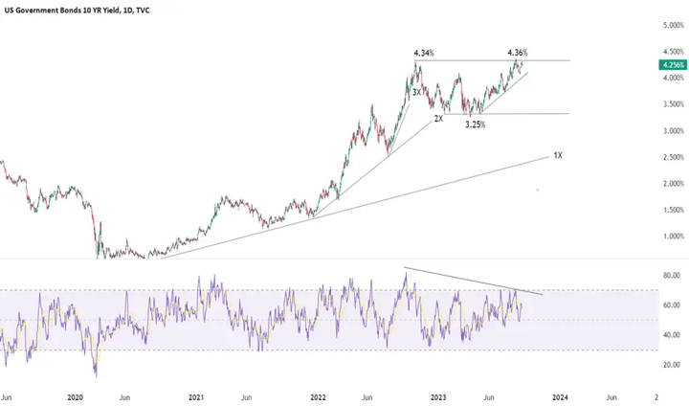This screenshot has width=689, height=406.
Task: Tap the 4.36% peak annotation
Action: pyautogui.click(x=517, y=53)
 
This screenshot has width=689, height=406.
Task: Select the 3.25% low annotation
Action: pyautogui.click(x=475, y=124)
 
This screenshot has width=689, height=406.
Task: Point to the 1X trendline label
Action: pyautogui.click(x=558, y=154)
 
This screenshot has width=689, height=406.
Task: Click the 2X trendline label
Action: pyautogui.click(x=438, y=119)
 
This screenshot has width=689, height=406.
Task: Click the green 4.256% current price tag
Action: pyautogui.click(x=672, y=65)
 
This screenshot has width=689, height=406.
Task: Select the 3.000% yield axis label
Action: pyautogui.click(x=673, y=130)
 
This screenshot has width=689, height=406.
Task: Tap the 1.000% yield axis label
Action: pyautogui.click(x=673, y=237)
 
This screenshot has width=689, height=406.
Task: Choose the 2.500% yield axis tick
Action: pyautogui.click(x=673, y=157)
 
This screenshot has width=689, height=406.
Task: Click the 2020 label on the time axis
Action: pyautogui.click(x=76, y=395)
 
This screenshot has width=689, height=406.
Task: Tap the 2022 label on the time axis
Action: pyautogui.click(x=318, y=395)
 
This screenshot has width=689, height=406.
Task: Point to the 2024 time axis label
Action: pyautogui.click(x=560, y=395)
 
